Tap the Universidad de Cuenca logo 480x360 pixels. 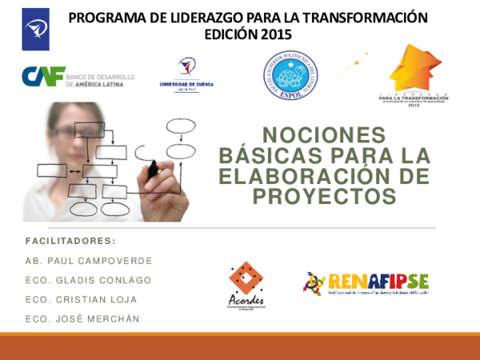coord(186,74)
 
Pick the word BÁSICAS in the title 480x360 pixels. coord(286,156)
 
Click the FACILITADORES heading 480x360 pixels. coord(70,241)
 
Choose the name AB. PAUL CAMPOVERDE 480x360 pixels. coord(88,261)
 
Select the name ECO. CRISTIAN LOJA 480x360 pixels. coord(81,299)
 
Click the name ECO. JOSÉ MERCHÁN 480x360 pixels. coord(82,319)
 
